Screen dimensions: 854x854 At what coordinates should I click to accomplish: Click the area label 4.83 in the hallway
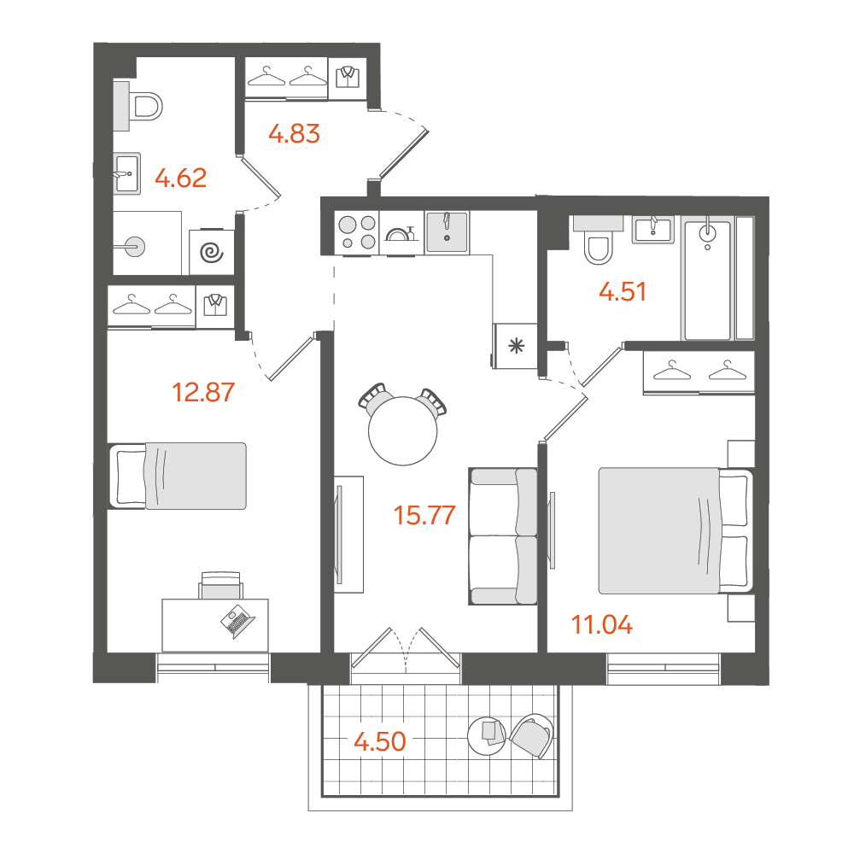click(x=294, y=133)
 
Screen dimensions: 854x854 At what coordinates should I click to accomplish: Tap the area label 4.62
click(x=181, y=178)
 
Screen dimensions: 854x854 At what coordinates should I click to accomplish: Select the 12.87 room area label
click(x=203, y=392)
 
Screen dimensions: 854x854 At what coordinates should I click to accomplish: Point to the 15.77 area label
click(x=424, y=515)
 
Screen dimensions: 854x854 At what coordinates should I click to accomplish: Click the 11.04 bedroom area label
click(x=602, y=625)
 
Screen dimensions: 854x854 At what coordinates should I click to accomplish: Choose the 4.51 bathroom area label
click(x=623, y=291)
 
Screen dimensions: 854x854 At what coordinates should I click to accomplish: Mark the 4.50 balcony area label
click(x=380, y=741)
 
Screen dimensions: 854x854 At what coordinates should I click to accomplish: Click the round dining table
click(x=403, y=430)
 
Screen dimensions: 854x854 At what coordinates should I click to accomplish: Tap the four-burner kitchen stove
click(x=357, y=232)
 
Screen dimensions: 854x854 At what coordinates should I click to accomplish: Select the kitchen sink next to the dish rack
click(x=447, y=232)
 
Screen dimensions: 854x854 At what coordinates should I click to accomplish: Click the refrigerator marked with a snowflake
click(x=515, y=346)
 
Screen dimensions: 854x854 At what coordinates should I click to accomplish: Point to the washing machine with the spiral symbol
click(x=212, y=252)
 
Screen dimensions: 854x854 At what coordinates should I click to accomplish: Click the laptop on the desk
click(x=237, y=621)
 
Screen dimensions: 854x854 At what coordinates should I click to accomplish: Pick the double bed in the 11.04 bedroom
click(x=676, y=530)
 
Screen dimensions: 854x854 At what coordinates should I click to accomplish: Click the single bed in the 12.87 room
click(x=178, y=476)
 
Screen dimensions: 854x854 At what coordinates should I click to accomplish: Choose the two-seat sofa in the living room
click(x=503, y=536)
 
